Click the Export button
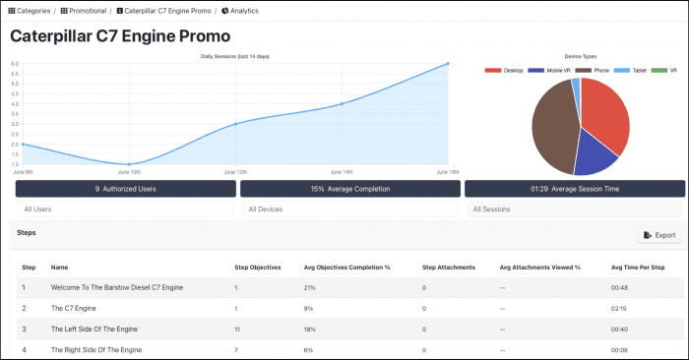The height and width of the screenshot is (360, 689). (659, 235)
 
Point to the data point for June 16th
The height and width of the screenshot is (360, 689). (448, 64)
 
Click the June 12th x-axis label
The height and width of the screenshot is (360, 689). (235, 171)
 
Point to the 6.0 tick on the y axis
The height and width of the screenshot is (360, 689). (15, 64)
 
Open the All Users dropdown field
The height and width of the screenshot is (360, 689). (124, 209)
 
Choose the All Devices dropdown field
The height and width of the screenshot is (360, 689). (349, 209)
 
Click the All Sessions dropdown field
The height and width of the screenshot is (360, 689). (574, 209)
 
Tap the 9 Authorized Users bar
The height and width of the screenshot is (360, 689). (124, 188)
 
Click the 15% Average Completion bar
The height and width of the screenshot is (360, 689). (349, 188)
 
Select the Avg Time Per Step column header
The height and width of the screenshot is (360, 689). (637, 267)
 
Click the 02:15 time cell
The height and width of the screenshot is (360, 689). (619, 308)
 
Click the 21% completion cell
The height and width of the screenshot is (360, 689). (310, 287)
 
